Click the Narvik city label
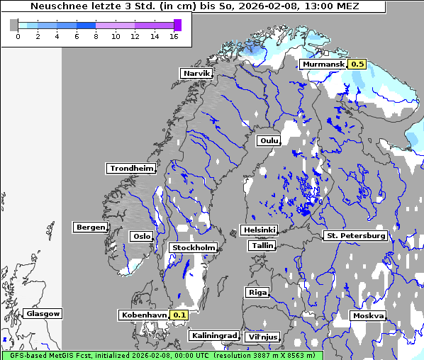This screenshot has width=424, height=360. click(196, 73)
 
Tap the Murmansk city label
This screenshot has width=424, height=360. click(323, 64)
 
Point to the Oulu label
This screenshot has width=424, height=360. click(269, 141)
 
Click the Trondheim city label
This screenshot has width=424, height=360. click(131, 169)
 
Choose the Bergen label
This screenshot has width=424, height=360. click(89, 227)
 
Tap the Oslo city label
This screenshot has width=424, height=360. click(142, 237)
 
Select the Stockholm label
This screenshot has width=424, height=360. click(193, 247)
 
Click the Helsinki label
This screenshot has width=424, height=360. click(259, 230)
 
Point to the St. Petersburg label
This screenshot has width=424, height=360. click(355, 235)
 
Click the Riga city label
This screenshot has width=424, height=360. click(257, 292)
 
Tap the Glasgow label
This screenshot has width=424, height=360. click(43, 313)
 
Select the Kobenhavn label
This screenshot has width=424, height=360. click(144, 315)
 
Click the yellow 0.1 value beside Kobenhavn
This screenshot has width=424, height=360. click(179, 315)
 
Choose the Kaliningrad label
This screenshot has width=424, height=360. click(213, 335)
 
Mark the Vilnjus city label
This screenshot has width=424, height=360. click(262, 337)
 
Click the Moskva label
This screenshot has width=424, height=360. click(368, 315)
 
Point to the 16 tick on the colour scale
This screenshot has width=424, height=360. click(174, 36)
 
